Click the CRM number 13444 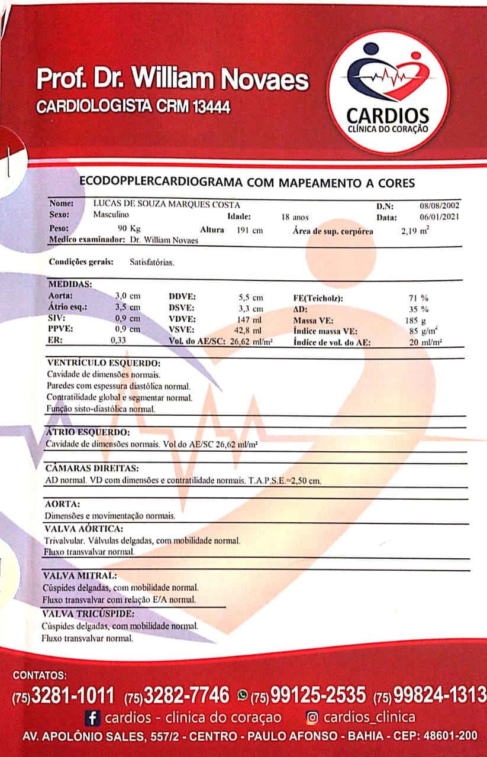pyautogui.click(x=208, y=107)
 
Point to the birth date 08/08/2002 pyautogui.click(x=440, y=206)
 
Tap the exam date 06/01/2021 pyautogui.click(x=440, y=217)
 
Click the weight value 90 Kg pyautogui.click(x=130, y=229)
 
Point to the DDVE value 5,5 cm pyautogui.click(x=250, y=297)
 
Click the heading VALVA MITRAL pyautogui.click(x=80, y=575)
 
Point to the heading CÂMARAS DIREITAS pyautogui.click(x=92, y=468)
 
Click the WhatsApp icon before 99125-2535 pyautogui.click(x=242, y=694)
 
